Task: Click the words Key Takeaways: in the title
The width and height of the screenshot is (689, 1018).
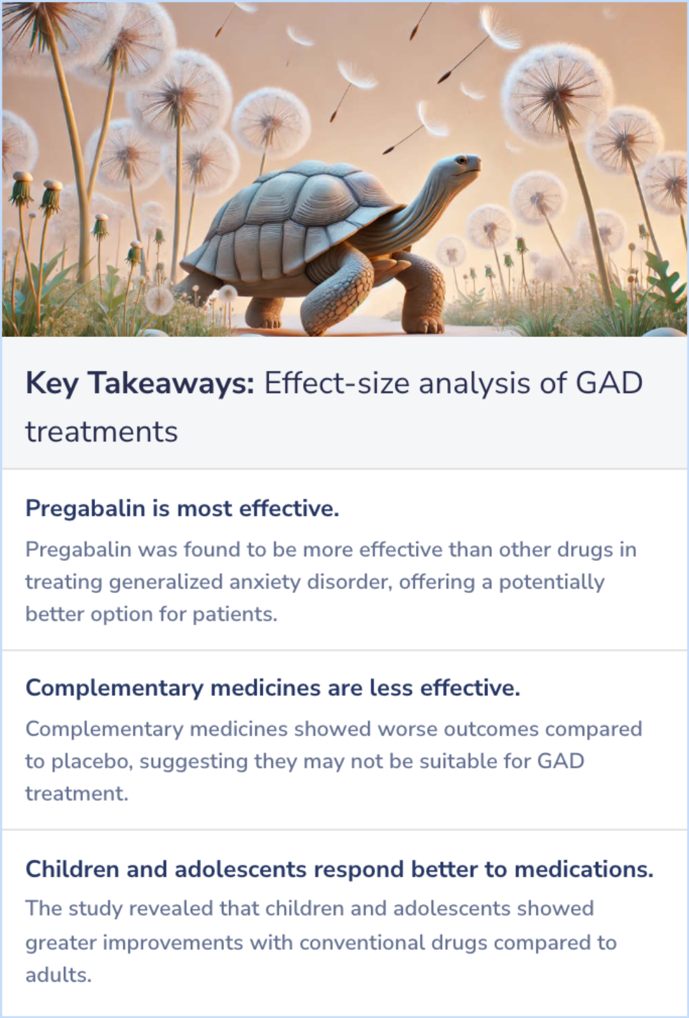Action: click(x=140, y=384)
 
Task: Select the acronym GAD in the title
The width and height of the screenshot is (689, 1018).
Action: click(x=609, y=384)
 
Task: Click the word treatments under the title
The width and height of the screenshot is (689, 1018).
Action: click(x=101, y=432)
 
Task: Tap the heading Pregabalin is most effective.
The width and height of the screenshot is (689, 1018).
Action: click(x=182, y=509)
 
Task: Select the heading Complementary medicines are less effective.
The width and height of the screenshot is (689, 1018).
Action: click(x=272, y=688)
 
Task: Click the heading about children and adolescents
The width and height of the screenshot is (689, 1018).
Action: click(x=339, y=869)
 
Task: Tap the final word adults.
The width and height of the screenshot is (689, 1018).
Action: click(x=58, y=975)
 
